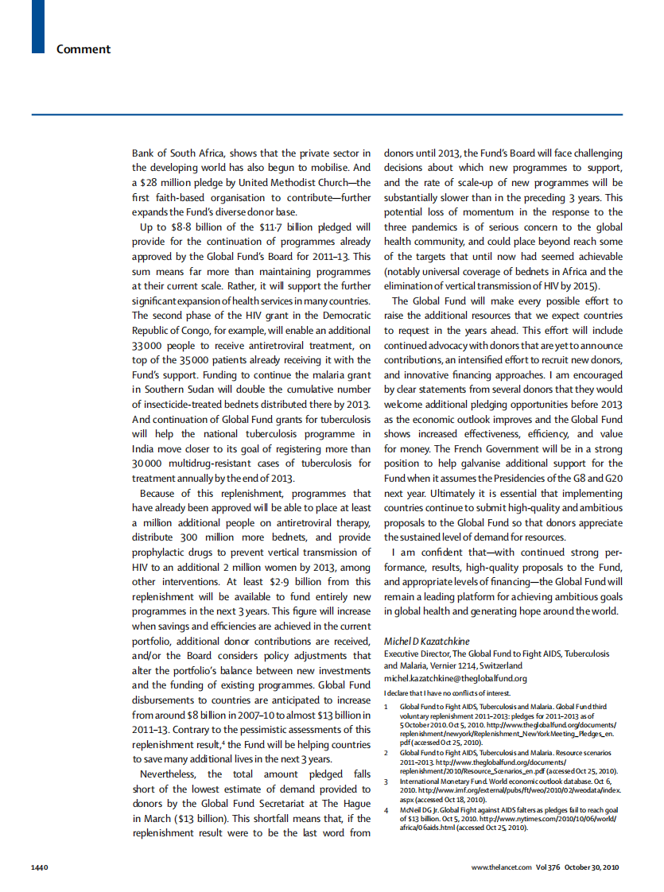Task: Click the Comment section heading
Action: point(83,49)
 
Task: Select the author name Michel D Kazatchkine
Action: point(427,641)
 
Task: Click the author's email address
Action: point(455,678)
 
